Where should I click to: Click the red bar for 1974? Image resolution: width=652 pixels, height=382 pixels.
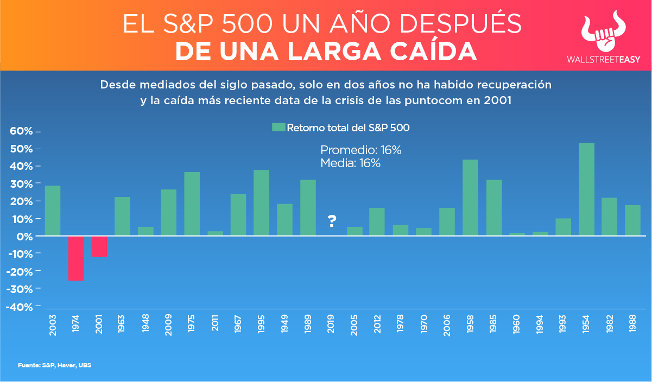tap(76, 258)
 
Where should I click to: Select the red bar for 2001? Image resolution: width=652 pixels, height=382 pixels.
tap(99, 246)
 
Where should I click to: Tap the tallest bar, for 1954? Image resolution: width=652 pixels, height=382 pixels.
tap(587, 189)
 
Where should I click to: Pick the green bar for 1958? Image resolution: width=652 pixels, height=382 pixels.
tap(470, 198)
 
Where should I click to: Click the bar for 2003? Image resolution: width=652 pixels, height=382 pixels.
tap(53, 211)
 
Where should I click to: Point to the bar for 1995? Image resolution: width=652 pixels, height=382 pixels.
tap(261, 203)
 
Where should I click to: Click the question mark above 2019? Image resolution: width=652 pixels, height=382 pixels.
tap(332, 221)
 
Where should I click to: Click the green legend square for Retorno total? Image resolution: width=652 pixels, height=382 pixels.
tap(278, 128)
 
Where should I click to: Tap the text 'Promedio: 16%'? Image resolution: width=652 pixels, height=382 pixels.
tap(360, 150)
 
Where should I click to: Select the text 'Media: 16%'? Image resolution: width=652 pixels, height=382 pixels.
tap(350, 163)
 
